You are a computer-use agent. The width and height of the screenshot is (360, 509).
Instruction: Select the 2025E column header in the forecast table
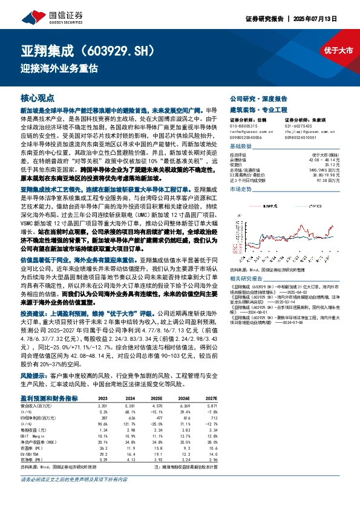click(155, 398)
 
